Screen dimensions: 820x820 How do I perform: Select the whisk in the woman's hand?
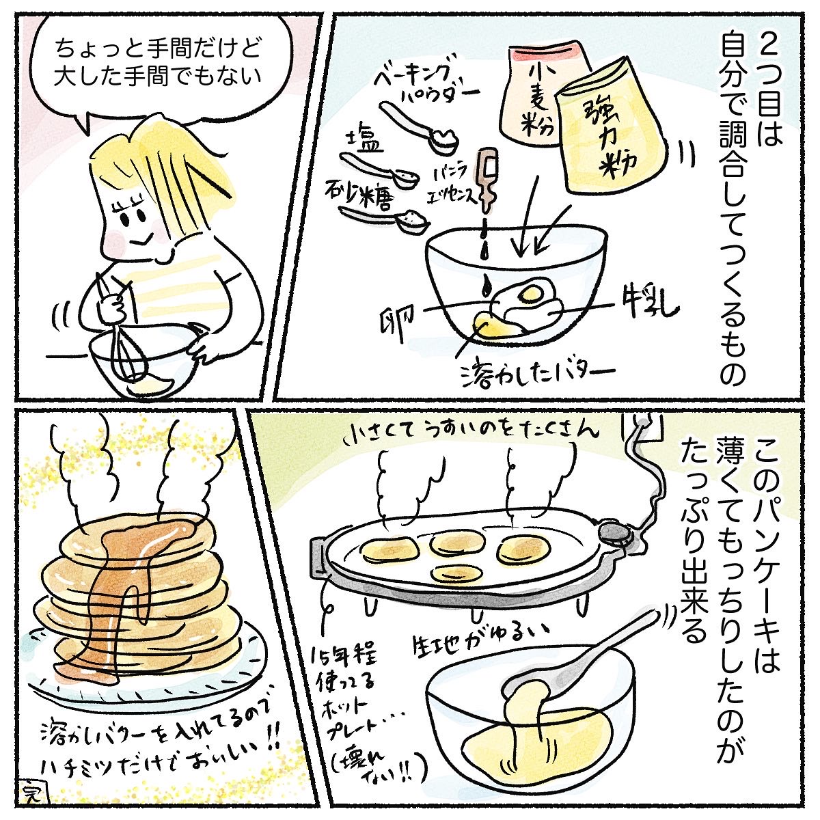tap(123, 335)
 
